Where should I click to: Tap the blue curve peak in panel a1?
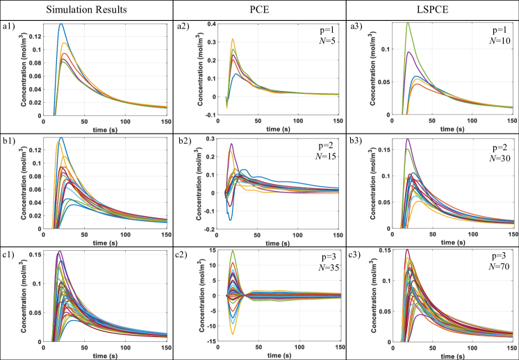(61, 24)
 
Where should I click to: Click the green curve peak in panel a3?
(407, 23)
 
